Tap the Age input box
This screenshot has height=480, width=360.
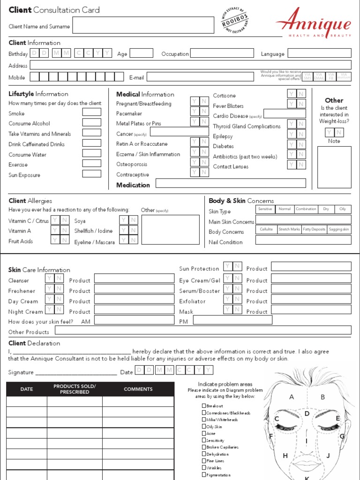[x=141, y=53]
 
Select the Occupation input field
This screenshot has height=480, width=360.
[x=222, y=53]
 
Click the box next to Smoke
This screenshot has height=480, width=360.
[x=91, y=112]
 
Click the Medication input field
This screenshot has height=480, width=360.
[x=230, y=183]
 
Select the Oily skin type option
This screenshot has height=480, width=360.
[x=343, y=209]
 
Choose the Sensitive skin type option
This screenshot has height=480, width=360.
[x=265, y=209]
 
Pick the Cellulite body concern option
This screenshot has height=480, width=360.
[x=266, y=230]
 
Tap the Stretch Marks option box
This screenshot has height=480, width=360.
[x=289, y=230]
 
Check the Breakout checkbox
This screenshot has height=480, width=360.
[x=204, y=406]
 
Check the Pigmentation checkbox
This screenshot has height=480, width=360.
[x=204, y=475]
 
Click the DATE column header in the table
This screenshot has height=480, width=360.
[x=27, y=389]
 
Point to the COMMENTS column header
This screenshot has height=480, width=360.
[x=138, y=389]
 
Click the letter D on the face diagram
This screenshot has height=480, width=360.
[x=307, y=413]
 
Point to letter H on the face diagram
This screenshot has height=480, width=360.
[x=285, y=456]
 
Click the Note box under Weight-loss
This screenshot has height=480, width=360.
[x=334, y=167]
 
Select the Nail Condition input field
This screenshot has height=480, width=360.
[x=303, y=240]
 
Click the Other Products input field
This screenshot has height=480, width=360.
[x=202, y=330]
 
